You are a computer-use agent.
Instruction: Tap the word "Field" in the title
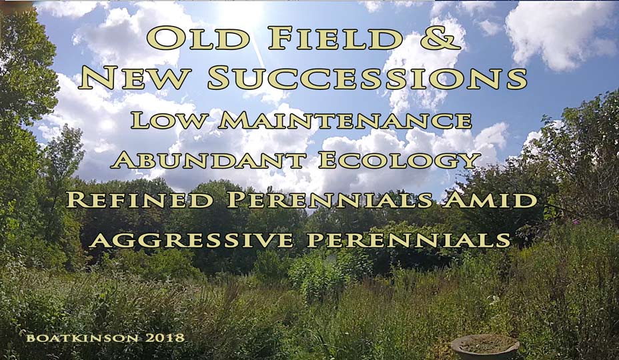[x=335, y=38]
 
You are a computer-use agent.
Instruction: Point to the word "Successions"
[x=368, y=78]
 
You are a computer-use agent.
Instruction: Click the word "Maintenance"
[x=345, y=121]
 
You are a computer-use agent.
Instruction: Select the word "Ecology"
[x=400, y=161]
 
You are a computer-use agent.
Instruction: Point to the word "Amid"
[x=490, y=199]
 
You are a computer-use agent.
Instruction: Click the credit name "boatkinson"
[x=83, y=338]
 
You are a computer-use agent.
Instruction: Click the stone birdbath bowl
[x=485, y=346]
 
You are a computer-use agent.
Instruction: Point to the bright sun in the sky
[x=241, y=11]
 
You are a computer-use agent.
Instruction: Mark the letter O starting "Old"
[x=163, y=38]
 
